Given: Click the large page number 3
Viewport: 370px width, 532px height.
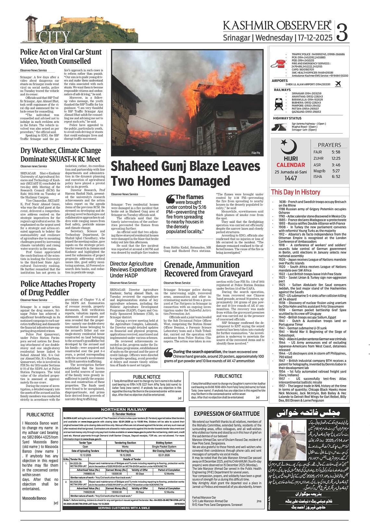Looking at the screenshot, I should point(342,32).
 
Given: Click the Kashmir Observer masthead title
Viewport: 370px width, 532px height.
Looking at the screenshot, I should point(277,26).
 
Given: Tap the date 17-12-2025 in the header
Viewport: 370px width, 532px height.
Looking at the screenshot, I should point(315,38).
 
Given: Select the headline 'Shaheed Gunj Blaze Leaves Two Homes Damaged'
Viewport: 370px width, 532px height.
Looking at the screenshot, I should point(185,173).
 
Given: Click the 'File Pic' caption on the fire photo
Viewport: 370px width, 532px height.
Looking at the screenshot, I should point(256,153).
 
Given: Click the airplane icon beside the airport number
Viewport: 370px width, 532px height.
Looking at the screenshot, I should point(338,84).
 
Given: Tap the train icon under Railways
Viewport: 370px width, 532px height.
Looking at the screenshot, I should point(279,103).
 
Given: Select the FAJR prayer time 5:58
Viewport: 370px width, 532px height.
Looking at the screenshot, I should point(336,152).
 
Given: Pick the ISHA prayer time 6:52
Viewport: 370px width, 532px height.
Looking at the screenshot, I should point(336,177).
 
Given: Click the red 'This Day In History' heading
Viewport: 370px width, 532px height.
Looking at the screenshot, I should point(295,192).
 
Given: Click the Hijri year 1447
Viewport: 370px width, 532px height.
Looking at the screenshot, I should point(290,178).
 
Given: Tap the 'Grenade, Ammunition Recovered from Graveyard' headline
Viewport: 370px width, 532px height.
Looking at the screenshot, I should point(208,269).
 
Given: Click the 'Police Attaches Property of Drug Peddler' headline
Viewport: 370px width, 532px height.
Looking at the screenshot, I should point(58,288).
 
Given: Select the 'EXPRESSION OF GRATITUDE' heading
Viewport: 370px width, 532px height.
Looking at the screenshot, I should point(227,414).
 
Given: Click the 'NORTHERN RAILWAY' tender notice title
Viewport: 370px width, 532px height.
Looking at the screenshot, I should point(124,410).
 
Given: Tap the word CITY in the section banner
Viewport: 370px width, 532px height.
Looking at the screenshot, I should point(54,37).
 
